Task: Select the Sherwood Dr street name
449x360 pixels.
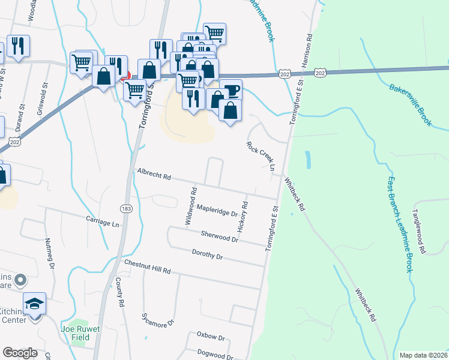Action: [x=220, y=236]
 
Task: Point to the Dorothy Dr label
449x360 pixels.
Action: [x=207, y=255]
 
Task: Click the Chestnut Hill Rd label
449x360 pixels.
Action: [x=148, y=267]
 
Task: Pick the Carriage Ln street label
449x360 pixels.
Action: [x=103, y=221]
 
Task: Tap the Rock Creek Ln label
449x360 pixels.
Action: [x=260, y=156]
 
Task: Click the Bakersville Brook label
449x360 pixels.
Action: [x=411, y=104]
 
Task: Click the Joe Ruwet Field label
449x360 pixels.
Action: [x=76, y=333]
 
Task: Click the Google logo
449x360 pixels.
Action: [x=20, y=353]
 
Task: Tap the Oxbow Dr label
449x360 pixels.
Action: [x=209, y=338]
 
